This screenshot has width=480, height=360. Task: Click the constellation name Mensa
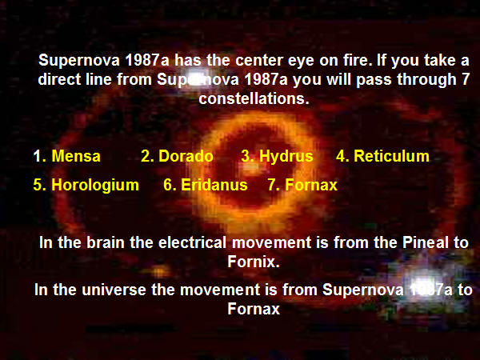76,156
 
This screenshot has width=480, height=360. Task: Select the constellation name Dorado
186,156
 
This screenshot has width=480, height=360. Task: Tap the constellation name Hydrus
286,157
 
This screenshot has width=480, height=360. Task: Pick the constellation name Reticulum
391,156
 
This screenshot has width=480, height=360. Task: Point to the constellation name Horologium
95,186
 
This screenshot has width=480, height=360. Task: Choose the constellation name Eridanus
214,185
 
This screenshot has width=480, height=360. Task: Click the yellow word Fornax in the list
311,185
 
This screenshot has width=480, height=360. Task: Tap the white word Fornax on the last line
254,308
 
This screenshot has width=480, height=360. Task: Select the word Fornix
254,262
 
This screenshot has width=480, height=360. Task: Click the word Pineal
426,242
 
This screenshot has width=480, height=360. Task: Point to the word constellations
254,98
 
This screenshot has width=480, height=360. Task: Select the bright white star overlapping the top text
194,80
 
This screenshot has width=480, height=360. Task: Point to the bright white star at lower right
423,285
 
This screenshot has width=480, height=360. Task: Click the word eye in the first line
301,61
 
